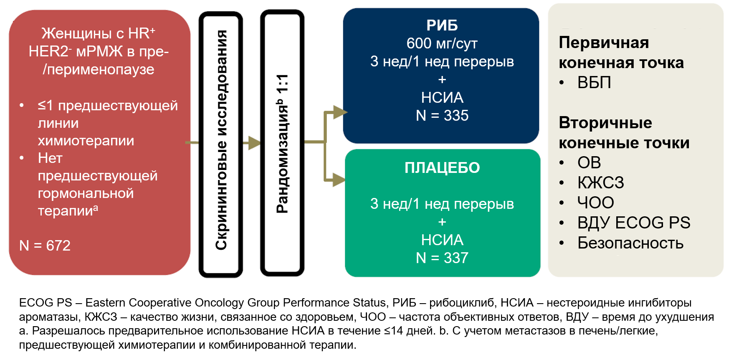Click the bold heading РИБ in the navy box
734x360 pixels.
click(x=442, y=25)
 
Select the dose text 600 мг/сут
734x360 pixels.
click(x=442, y=43)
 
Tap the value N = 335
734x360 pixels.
click(x=442, y=116)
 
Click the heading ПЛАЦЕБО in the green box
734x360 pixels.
click(x=442, y=168)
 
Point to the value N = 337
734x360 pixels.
click(x=442, y=258)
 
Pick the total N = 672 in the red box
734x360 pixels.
click(x=45, y=246)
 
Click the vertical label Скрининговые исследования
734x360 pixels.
click(x=221, y=140)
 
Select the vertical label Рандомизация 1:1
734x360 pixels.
click(x=282, y=144)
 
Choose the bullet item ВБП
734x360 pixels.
click(x=594, y=83)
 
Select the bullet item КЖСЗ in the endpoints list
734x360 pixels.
click(x=600, y=183)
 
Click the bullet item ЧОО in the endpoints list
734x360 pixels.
click(x=595, y=203)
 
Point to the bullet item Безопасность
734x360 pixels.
click(x=630, y=243)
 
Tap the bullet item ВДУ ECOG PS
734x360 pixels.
click(x=633, y=223)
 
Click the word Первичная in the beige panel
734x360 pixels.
click(x=604, y=43)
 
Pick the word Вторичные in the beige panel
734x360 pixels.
click(x=605, y=123)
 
